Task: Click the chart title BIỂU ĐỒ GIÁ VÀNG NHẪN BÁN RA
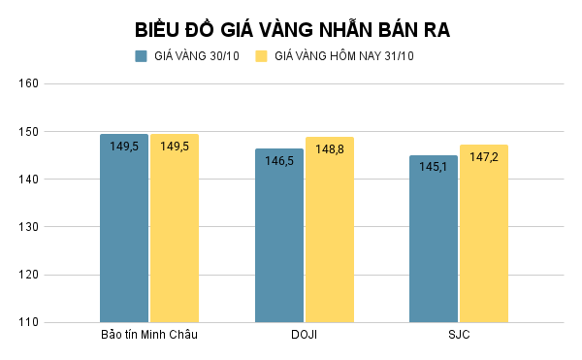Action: (x=292, y=29)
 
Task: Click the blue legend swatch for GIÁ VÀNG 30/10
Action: (x=141, y=56)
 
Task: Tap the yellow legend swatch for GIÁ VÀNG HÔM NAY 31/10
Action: (x=261, y=56)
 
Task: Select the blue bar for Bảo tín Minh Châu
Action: (x=124, y=233)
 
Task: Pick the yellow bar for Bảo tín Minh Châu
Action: (x=175, y=233)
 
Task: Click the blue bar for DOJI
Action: (x=279, y=238)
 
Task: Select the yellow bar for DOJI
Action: (x=330, y=233)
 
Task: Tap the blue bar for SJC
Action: (x=434, y=243)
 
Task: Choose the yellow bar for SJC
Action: (x=484, y=238)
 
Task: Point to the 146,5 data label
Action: (x=279, y=161)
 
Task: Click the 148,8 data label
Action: (x=330, y=149)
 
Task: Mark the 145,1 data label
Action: (x=434, y=168)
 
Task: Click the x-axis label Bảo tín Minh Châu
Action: (x=149, y=336)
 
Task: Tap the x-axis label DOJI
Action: (x=304, y=336)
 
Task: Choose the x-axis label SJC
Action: (x=459, y=336)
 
